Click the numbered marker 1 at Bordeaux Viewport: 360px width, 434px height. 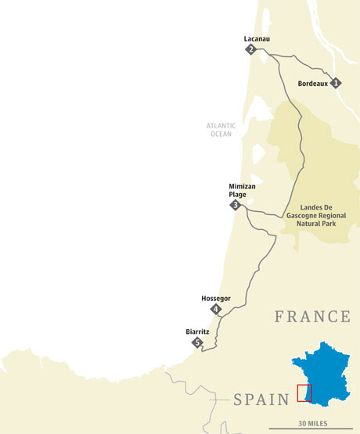pyautogui.click(x=336, y=82)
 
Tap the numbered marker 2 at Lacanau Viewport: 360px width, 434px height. pyautogui.click(x=251, y=49)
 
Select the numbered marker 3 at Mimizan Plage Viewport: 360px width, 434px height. pyautogui.click(x=235, y=205)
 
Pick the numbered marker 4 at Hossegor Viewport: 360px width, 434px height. pyautogui.click(x=216, y=310)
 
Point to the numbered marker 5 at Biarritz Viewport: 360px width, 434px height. pyautogui.click(x=198, y=343)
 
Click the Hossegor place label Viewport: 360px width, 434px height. pyautogui.click(x=215, y=298)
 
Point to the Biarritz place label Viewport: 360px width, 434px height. pyautogui.click(x=197, y=331)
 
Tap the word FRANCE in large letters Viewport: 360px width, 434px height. pyautogui.click(x=311, y=317)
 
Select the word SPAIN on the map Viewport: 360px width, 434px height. pyautogui.click(x=261, y=400)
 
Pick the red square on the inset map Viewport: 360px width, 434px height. pyautogui.click(x=304, y=393)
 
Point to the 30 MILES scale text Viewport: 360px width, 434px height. pyautogui.click(x=312, y=423)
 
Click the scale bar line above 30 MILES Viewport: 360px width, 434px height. pyautogui.click(x=311, y=429)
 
